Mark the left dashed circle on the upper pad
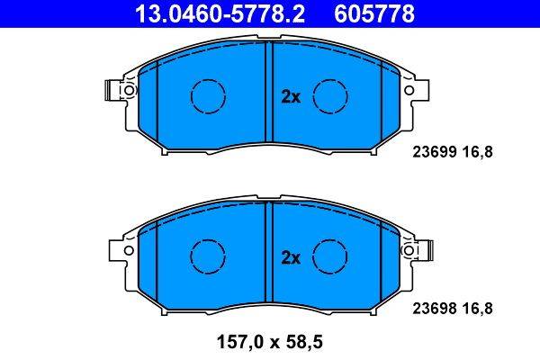point(207,94)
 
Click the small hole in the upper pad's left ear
point(129,91)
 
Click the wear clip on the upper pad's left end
point(111,90)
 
